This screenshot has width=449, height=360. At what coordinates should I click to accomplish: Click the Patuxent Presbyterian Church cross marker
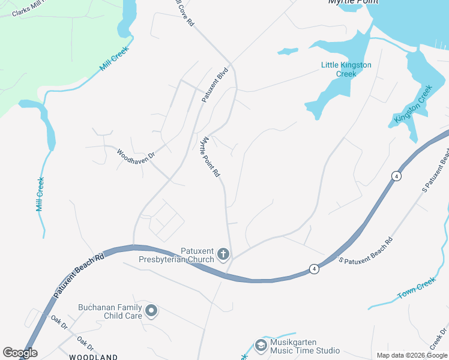tap(223, 254)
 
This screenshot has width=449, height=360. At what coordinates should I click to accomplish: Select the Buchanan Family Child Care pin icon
tap(152, 311)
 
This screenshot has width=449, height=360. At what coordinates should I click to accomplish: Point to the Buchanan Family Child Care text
tap(110, 311)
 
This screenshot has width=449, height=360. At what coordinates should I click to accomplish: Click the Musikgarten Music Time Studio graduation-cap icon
tap(261, 345)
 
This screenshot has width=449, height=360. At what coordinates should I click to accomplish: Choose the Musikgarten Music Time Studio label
tap(306, 346)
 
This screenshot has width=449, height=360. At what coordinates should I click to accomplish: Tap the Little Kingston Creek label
tap(346, 69)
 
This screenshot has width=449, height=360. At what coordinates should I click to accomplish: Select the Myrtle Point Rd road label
tap(210, 157)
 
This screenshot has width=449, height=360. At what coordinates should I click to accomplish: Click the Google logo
tap(20, 353)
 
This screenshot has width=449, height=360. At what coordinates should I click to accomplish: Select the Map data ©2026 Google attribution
tap(412, 355)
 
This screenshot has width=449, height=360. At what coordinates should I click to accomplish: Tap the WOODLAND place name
tap(93, 357)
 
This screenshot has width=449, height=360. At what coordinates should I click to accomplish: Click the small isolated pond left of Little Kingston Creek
tap(288, 51)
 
